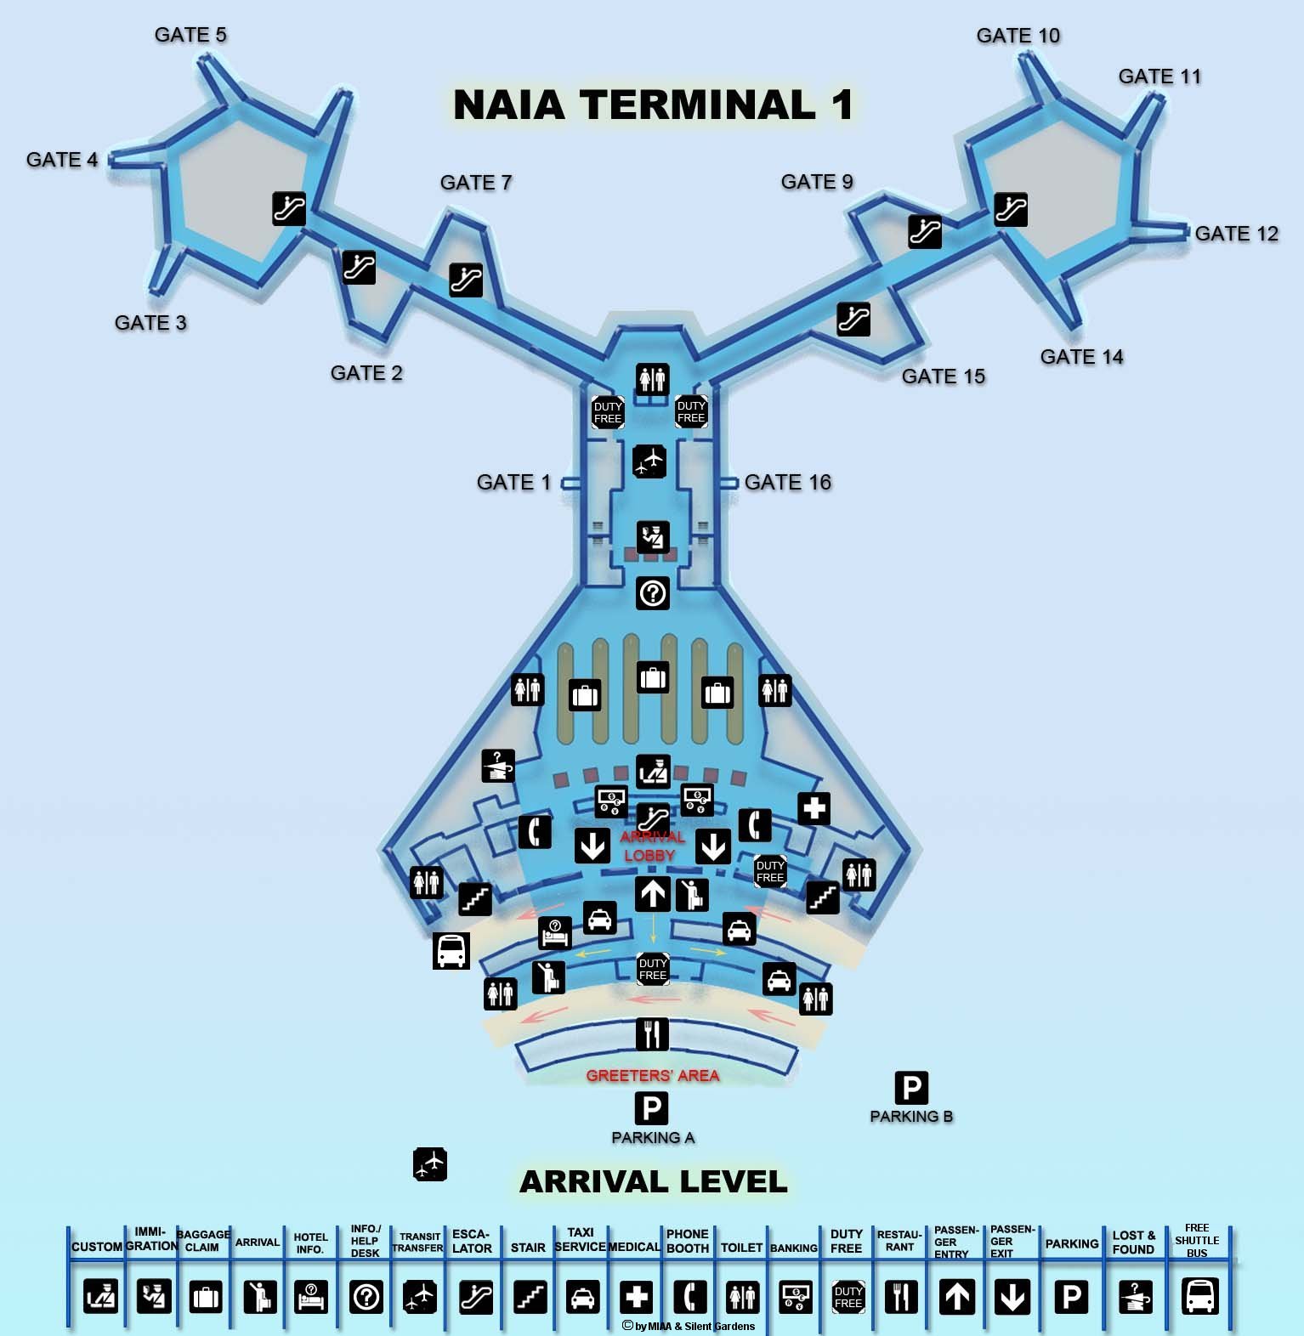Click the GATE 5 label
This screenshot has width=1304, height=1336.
[x=190, y=35]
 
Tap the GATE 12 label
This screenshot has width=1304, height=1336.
[x=1236, y=234]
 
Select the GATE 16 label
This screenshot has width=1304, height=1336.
[x=787, y=483]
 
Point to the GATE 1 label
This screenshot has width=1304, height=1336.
[x=513, y=483]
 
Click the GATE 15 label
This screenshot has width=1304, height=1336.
[x=943, y=376]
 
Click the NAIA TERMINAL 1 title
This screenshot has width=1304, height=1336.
[x=652, y=105]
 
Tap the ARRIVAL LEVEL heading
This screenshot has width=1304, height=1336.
[x=653, y=1181]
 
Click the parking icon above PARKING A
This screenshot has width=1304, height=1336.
[x=651, y=1108]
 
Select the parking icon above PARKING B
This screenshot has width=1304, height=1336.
[x=910, y=1087]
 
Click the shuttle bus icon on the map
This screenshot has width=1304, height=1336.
[x=451, y=950]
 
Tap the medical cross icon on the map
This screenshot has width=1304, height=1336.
[x=814, y=808]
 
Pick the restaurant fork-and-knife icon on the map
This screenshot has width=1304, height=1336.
[x=652, y=1034]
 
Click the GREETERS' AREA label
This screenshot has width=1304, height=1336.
[x=652, y=1076]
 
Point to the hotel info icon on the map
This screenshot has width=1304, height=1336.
[x=555, y=933]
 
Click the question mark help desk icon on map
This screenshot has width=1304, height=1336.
[x=652, y=592]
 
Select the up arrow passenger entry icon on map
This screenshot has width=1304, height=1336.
[x=652, y=894]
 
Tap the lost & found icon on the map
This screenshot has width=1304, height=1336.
[x=498, y=765]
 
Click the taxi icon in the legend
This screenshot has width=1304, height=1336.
[x=582, y=1297]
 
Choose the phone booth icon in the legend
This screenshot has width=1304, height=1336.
[x=689, y=1297]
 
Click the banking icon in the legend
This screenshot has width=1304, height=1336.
[x=795, y=1297]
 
